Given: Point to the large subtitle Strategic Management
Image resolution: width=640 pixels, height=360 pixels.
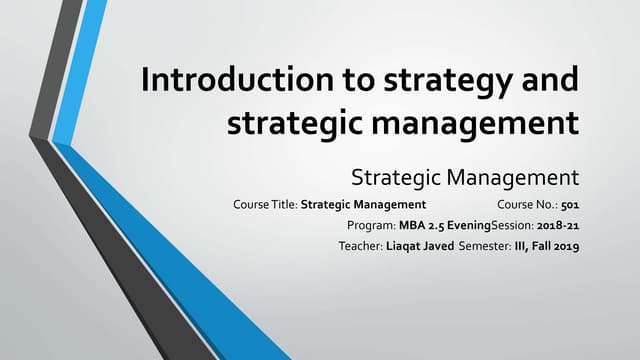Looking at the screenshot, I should coord(465,179).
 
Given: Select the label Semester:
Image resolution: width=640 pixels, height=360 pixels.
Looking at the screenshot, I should coord(485,246).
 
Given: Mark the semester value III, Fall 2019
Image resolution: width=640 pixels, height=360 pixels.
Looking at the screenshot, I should coord(547,246).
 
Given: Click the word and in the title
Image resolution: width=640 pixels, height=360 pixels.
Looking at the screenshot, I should coord(546,80).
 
